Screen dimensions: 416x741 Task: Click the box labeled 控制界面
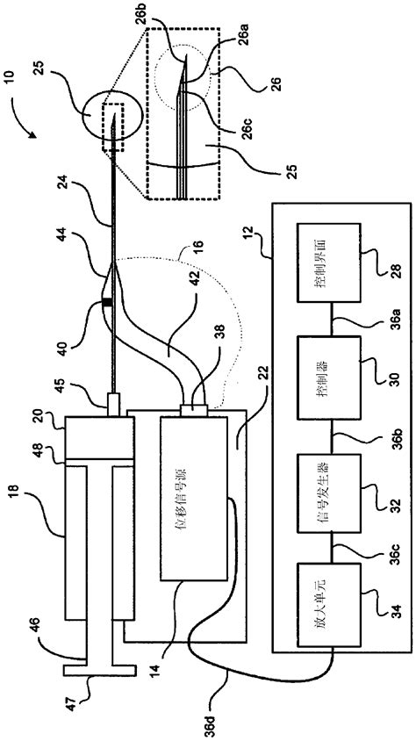tap(327, 263)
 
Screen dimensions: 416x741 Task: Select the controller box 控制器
tap(327, 378)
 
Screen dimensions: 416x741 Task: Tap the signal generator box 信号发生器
tap(327, 493)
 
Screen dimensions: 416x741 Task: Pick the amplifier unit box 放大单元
tap(327, 604)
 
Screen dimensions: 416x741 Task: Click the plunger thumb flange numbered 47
tap(100, 670)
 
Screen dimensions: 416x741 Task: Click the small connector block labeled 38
tap(194, 410)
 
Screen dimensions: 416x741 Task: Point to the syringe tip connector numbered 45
tap(114, 404)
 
